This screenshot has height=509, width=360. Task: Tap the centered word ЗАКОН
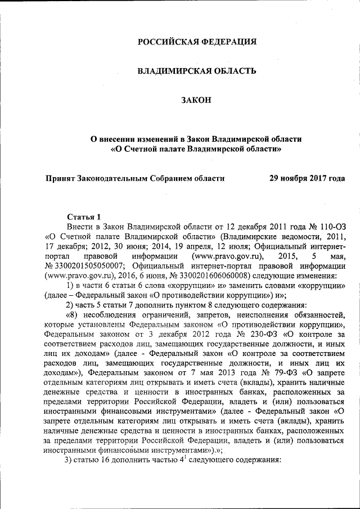click(x=196, y=101)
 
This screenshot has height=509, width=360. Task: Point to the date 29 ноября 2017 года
click(x=307, y=179)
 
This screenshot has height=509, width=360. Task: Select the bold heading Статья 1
click(x=84, y=217)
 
